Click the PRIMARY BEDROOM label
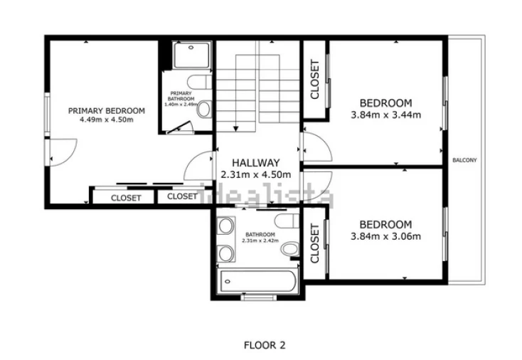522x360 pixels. (x=107, y=111)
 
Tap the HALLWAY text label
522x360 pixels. (x=256, y=163)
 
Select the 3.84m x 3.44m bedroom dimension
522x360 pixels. (x=386, y=115)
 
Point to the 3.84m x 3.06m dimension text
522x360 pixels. (x=386, y=236)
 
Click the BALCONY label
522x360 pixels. (x=464, y=160)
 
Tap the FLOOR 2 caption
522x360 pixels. (x=265, y=345)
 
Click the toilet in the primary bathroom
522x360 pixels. (x=203, y=109)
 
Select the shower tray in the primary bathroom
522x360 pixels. (x=191, y=55)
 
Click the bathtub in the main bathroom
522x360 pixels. (x=256, y=281)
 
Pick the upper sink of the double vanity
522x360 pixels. (x=225, y=226)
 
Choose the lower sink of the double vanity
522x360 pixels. (x=225, y=253)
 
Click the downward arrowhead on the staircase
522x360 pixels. (x=236, y=129)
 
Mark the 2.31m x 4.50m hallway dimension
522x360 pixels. (x=256, y=174)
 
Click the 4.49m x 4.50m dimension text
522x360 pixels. (x=107, y=120)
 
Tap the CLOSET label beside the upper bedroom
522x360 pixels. (x=314, y=80)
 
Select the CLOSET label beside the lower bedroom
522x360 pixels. (x=314, y=243)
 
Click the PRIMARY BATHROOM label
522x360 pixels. (x=181, y=96)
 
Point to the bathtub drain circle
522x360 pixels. (x=228, y=282)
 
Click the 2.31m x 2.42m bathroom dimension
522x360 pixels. (x=260, y=240)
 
